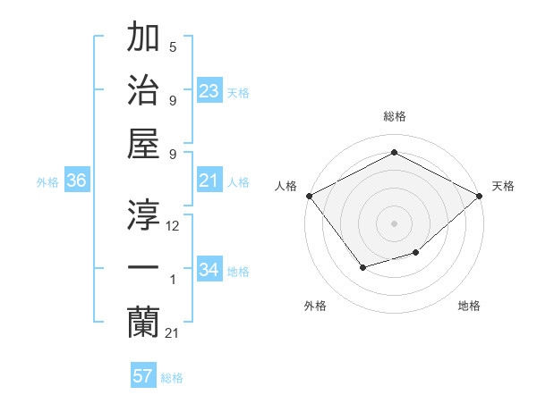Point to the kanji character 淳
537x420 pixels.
144,214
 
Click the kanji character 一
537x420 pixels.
144,267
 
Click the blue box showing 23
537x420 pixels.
209,91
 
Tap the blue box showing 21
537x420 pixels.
209,181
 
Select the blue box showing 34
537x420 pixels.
209,270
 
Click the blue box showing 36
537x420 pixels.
76,181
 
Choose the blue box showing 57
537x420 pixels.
143,376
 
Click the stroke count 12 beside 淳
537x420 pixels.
173,226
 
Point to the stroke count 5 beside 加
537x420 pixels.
173,46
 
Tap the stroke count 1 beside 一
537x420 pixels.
173,280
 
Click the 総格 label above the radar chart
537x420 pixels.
394,117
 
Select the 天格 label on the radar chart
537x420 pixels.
503,187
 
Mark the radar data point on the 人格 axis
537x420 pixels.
309,195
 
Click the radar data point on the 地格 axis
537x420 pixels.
415,253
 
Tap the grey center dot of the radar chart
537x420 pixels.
394,223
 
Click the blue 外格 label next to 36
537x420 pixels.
47,181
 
